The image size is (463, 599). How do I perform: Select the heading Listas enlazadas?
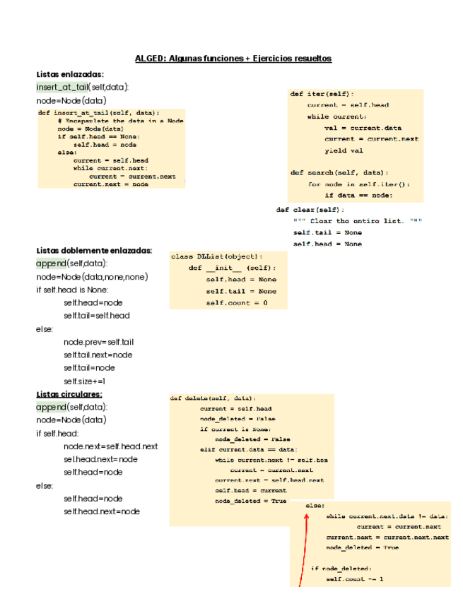[x=70, y=74]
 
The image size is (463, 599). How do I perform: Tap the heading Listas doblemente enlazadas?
[x=94, y=250]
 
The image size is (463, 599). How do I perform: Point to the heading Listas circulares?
[x=69, y=393]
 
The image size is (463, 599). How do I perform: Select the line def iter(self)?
[x=322, y=93]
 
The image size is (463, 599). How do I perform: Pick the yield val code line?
[x=344, y=150]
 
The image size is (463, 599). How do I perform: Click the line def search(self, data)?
[x=339, y=172]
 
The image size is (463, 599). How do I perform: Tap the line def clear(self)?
[x=310, y=210]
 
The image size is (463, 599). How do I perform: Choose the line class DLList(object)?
[x=217, y=256]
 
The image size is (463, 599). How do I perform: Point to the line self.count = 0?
[x=237, y=302]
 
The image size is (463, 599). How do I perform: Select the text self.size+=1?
[x=84, y=381]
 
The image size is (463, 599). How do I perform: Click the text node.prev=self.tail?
[x=98, y=342]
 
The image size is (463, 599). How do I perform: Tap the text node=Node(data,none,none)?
[x=92, y=277]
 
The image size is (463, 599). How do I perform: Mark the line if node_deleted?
[x=341, y=568]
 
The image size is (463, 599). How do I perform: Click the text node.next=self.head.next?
[x=110, y=446]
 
